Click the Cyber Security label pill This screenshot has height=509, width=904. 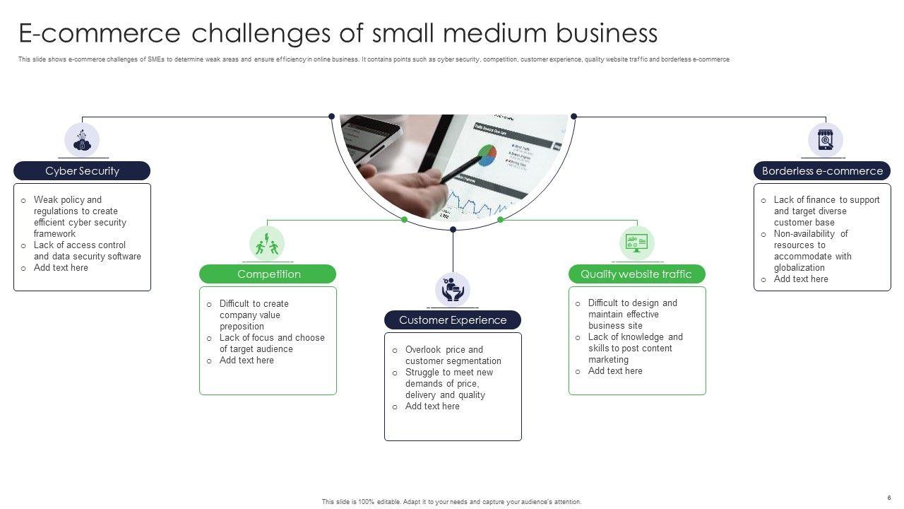82,171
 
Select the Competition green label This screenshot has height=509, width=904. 268,274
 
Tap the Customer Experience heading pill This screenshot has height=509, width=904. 453,320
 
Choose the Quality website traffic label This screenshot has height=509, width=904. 636,274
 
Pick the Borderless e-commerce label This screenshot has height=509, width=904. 822,171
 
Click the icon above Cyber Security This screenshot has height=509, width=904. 82,140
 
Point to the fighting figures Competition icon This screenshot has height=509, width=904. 267,244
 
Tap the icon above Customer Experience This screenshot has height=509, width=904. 453,289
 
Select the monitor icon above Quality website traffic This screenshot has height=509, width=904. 636,243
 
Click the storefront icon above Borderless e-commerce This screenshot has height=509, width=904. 825,140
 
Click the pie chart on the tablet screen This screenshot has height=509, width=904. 487,155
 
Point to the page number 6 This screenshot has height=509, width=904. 889,498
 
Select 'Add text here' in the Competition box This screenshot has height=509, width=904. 246,361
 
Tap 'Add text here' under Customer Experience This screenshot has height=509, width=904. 432,406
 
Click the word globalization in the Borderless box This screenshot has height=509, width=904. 799,268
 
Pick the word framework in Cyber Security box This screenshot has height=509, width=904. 54,234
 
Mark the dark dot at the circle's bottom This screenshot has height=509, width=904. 453,229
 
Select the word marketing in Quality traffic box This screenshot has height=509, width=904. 608,360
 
